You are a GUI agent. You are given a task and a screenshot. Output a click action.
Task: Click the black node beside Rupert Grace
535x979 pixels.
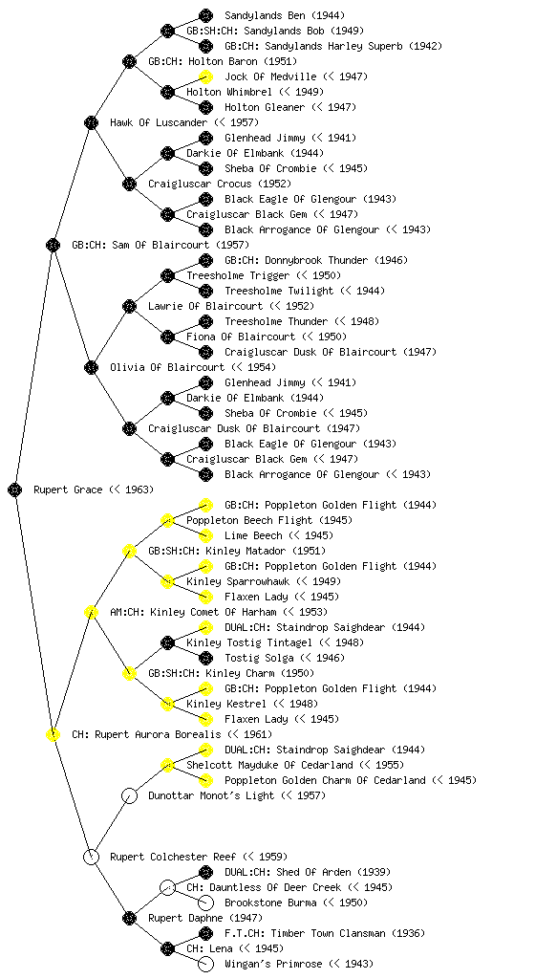(15, 490)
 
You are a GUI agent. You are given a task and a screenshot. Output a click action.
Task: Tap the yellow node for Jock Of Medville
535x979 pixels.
(205, 76)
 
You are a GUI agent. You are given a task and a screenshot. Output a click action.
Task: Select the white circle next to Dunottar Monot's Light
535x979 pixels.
(129, 796)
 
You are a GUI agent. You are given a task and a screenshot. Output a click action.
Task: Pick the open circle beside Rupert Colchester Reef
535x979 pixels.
(91, 858)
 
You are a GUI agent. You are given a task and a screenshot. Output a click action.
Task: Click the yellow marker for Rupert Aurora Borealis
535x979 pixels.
(53, 735)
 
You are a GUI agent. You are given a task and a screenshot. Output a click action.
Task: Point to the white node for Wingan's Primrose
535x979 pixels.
(205, 964)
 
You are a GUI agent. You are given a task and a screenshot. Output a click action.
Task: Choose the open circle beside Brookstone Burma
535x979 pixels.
(205, 903)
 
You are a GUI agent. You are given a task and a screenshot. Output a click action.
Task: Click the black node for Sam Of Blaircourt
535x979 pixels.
(53, 246)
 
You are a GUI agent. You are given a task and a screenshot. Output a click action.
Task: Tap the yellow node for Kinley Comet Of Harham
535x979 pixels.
(91, 613)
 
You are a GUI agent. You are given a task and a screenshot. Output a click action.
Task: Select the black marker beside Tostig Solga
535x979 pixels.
(205, 658)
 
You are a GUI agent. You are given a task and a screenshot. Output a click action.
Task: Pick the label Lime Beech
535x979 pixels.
(253, 535)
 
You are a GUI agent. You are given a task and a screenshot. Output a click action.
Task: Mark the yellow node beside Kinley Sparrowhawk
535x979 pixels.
(167, 582)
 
